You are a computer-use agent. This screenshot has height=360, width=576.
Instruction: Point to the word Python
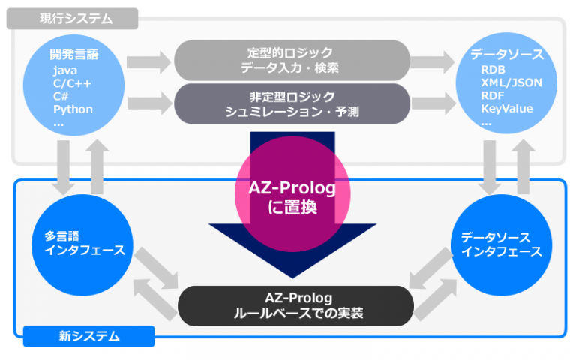click(73, 109)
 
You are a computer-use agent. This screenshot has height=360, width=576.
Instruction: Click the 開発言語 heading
click(73, 55)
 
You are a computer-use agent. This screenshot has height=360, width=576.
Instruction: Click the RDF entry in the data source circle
click(493, 96)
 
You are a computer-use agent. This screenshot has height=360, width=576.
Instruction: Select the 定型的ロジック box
click(292, 61)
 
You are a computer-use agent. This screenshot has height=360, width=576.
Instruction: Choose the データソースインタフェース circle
click(501, 244)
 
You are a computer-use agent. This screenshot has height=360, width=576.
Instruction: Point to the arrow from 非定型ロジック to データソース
click(433, 103)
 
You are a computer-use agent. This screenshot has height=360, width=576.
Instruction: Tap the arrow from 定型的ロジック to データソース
click(433, 61)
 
